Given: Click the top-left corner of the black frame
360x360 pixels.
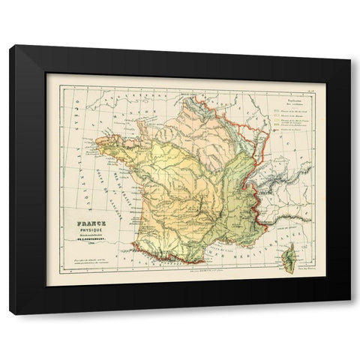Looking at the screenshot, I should pyautogui.click(x=10, y=46).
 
